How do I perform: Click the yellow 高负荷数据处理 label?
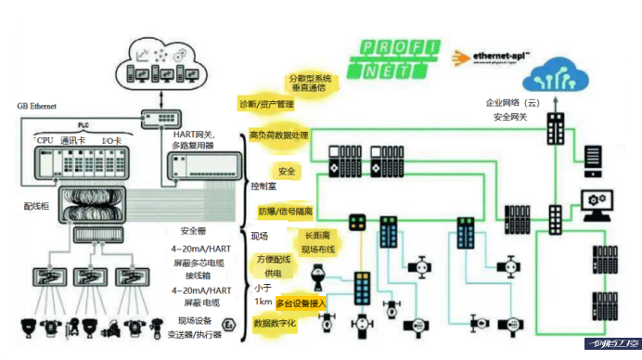pos(279,135)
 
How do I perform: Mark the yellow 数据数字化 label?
pos(274,326)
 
